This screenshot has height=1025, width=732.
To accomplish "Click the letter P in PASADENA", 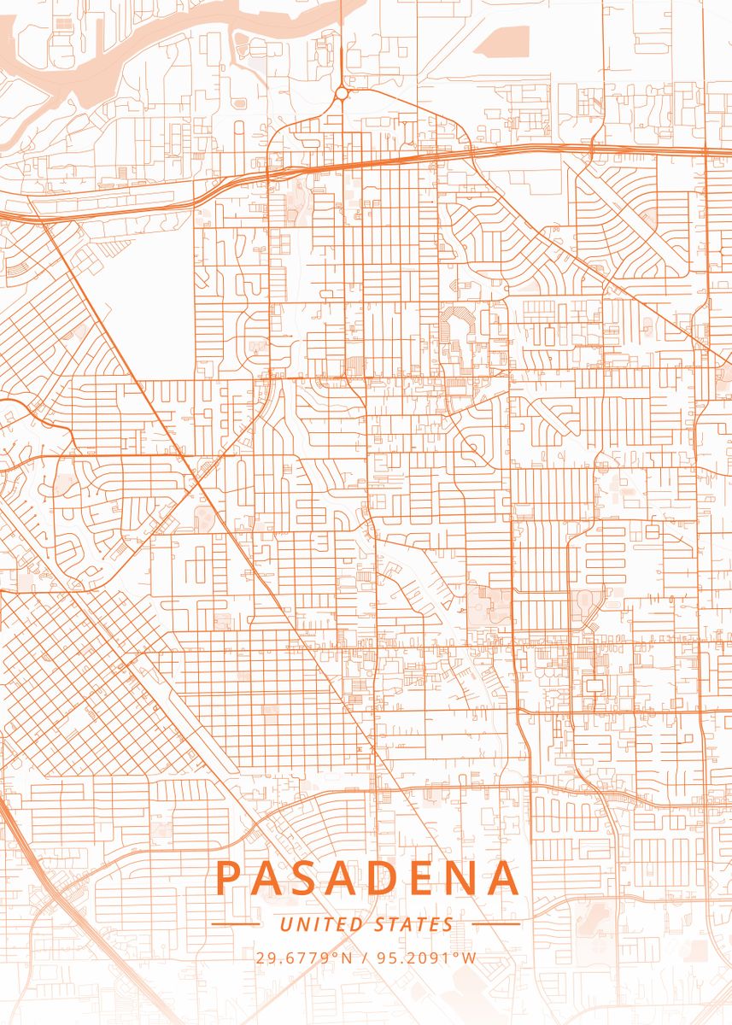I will (230, 878).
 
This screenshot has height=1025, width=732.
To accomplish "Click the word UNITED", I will (322, 924).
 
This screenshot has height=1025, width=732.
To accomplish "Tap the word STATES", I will (414, 924).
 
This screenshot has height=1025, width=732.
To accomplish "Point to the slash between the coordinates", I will (366, 958).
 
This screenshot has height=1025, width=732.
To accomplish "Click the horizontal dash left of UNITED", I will (235, 923).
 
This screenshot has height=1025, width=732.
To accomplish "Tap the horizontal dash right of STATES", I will (495, 923).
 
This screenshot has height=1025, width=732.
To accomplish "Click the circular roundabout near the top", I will (342, 92).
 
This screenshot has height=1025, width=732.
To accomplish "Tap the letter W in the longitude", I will (470, 958).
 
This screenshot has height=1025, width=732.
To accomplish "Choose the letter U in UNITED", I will (285, 924).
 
